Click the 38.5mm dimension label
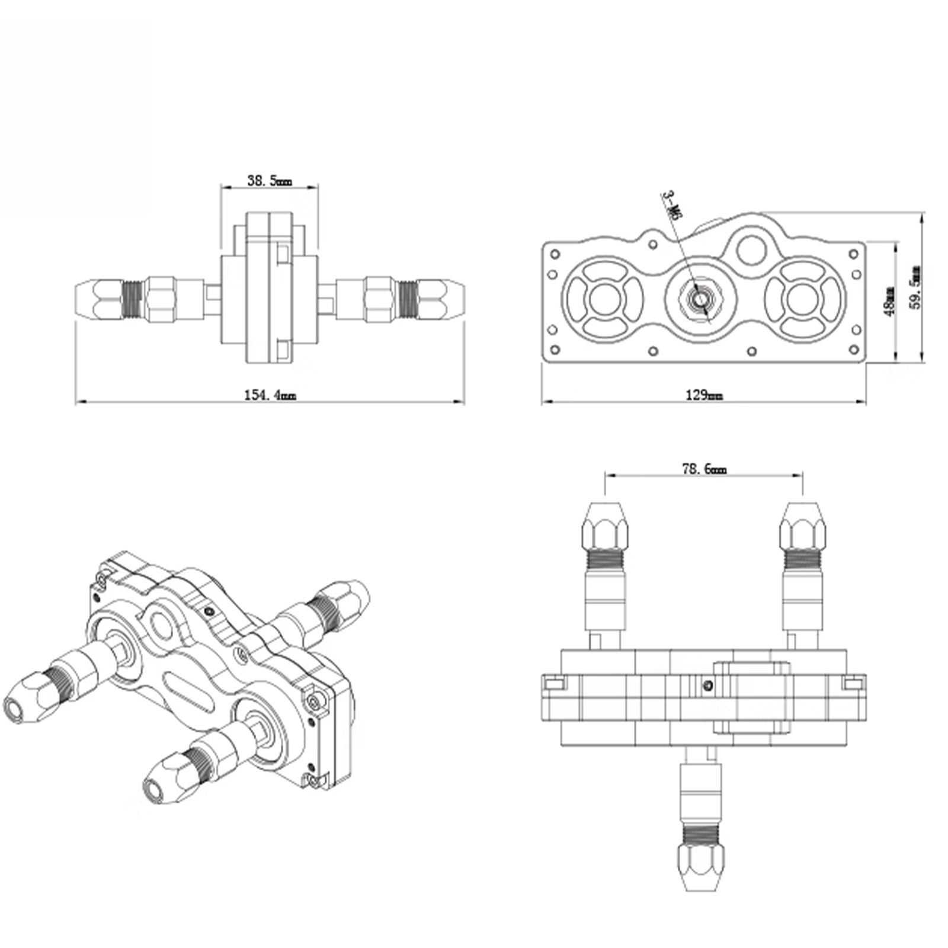click(269, 180)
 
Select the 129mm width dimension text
click(704, 395)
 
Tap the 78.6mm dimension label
click(704, 469)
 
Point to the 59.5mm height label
click(916, 287)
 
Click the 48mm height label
click(889, 301)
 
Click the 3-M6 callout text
click(671, 205)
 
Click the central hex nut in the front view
click(700, 299)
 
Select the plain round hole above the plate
click(751, 249)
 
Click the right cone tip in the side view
click(456, 299)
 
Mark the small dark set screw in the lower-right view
click(706, 686)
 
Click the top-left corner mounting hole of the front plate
click(555, 254)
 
